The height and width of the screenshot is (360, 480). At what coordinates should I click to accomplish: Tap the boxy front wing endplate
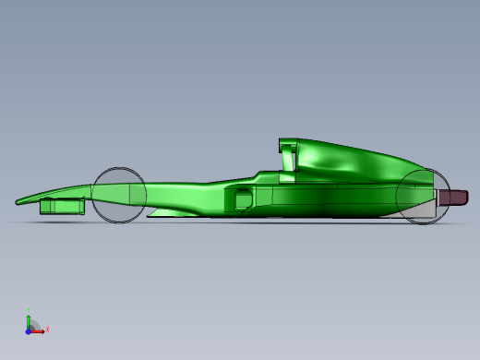click(x=61, y=206)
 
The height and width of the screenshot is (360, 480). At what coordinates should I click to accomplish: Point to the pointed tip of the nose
click(x=18, y=201)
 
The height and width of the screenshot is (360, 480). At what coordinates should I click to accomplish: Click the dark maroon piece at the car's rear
click(x=453, y=198)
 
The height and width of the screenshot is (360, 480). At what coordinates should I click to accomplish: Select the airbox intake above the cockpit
click(x=288, y=145)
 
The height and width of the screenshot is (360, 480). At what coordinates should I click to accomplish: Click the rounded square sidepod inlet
click(x=244, y=198)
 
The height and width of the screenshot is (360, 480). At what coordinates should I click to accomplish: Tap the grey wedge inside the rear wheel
click(x=422, y=210)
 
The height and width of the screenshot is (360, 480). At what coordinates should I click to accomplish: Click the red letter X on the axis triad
click(x=47, y=329)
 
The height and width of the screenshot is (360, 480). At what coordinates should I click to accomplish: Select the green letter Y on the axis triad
click(x=29, y=310)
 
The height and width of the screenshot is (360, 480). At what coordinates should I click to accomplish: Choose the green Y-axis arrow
click(x=29, y=319)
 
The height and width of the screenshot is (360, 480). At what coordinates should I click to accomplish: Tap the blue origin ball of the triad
click(x=29, y=330)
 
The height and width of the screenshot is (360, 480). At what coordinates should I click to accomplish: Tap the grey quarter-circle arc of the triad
click(x=34, y=324)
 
